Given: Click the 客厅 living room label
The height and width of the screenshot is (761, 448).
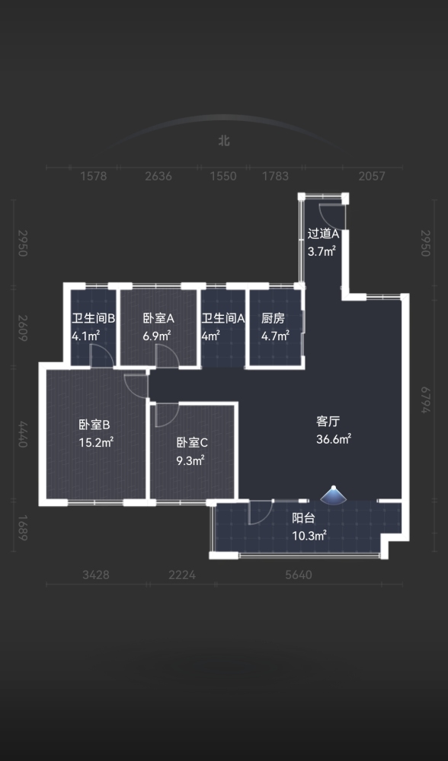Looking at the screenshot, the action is pos(328,422).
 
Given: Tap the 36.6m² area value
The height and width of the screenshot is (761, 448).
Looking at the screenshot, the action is pos(334,439).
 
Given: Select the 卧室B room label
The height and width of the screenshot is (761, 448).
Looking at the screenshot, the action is pos(94,425).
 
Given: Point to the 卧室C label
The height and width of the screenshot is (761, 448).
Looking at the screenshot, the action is pos(192,443).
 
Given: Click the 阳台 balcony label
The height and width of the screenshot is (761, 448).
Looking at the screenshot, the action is pos(303,517).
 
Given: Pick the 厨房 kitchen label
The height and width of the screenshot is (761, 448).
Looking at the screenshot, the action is pos(273,318).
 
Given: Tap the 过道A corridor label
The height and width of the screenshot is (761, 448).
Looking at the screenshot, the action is pos(323,234).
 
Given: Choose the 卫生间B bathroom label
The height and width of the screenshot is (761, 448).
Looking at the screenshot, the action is pos(93,318).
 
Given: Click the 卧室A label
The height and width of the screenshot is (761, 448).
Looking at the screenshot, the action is pos(158,318).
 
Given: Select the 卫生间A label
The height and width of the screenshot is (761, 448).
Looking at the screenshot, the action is pos(223,318).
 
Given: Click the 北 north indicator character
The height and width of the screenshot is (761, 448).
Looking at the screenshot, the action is pos(224,141).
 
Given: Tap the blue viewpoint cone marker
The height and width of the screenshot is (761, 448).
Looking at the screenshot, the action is pos(334,494).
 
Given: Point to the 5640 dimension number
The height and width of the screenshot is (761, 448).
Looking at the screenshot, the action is pos(299,575).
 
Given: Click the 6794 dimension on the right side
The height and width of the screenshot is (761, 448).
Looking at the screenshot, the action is pos(426,400).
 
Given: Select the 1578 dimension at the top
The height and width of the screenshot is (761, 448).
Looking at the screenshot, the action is pos(93,176).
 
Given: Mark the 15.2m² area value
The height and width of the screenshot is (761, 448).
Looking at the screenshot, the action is pos(96,443).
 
